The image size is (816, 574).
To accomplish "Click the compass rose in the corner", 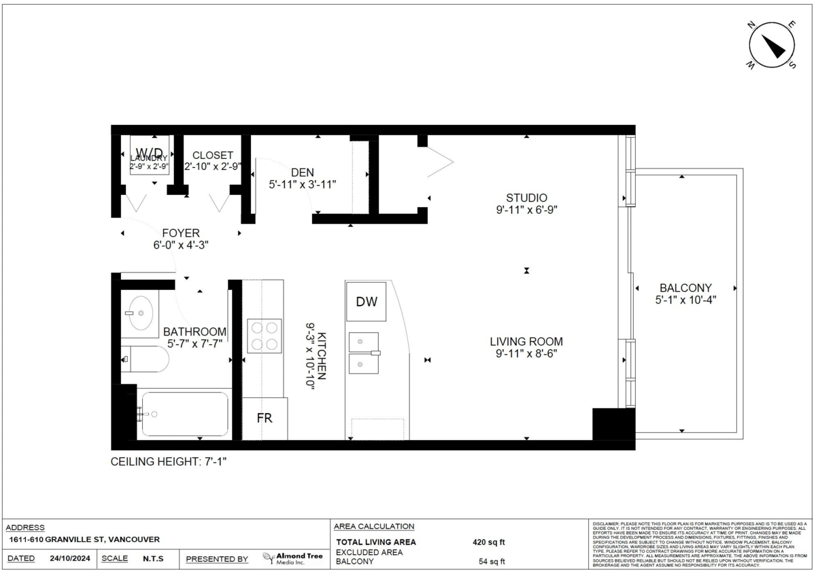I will [772, 46].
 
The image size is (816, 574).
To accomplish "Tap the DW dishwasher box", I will [366, 300].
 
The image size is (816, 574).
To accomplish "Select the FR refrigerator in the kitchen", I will [265, 418].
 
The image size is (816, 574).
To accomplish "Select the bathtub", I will [184, 414].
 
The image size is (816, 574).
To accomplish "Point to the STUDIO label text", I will [527, 198].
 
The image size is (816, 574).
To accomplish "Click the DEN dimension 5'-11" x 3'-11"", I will [302, 184].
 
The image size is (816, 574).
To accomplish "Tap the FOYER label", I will [176, 233].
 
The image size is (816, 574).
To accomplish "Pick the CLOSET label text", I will [213, 156].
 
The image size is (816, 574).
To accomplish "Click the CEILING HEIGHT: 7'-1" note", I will [169, 462].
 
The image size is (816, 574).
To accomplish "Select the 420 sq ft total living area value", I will [489, 542].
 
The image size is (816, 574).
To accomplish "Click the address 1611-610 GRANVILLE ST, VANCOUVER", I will [84, 539].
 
